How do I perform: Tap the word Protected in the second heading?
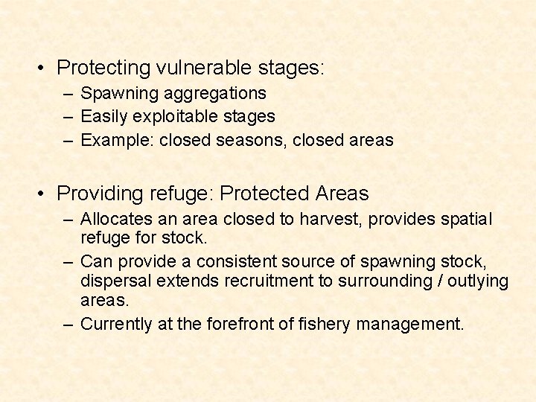[x=265, y=194]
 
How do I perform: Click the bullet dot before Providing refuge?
[x=45, y=194]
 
